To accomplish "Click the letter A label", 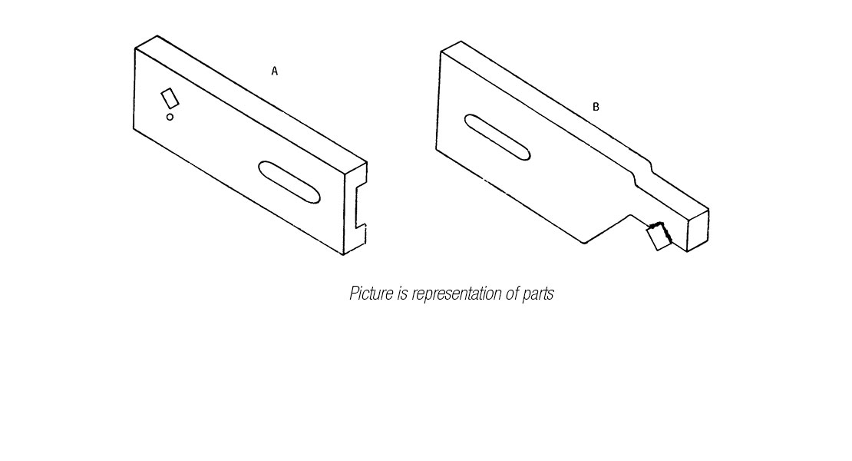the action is coord(274,71).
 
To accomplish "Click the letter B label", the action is coord(596,107).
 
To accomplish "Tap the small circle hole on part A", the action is coord(170,117).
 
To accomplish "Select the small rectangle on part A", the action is coord(170,98).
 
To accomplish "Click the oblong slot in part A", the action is coord(289,182).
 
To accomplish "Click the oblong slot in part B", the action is coord(497,138).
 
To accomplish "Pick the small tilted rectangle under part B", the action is coord(659,237).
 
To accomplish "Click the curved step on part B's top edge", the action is coord(642,168).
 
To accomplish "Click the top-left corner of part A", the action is coord(135,48).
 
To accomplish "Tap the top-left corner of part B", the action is coord(441,52).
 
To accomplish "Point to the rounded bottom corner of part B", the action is coord(584,243).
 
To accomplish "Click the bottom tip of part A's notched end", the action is coord(343,254).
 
